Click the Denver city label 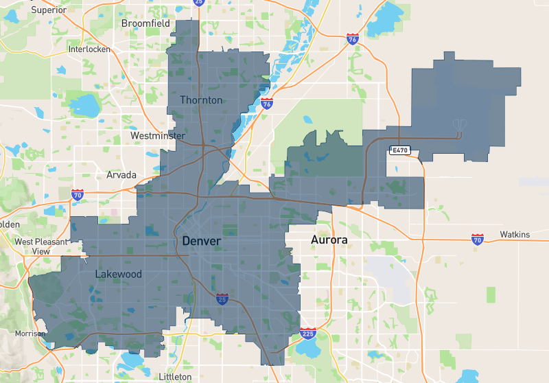(x=201, y=242)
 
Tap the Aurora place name (x=329, y=240)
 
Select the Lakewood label (x=119, y=275)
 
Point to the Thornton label (x=201, y=100)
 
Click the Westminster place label (x=158, y=137)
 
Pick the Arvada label (x=121, y=175)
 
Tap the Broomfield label (x=145, y=23)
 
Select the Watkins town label (x=515, y=235)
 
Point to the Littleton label (x=175, y=377)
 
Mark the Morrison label (x=30, y=334)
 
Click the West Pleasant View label (x=41, y=246)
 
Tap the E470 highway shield (x=399, y=150)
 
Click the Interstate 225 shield (x=307, y=334)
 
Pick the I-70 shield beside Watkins (x=478, y=239)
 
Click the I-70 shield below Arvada (x=78, y=196)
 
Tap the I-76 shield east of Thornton (x=267, y=104)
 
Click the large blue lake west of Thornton (x=86, y=105)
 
